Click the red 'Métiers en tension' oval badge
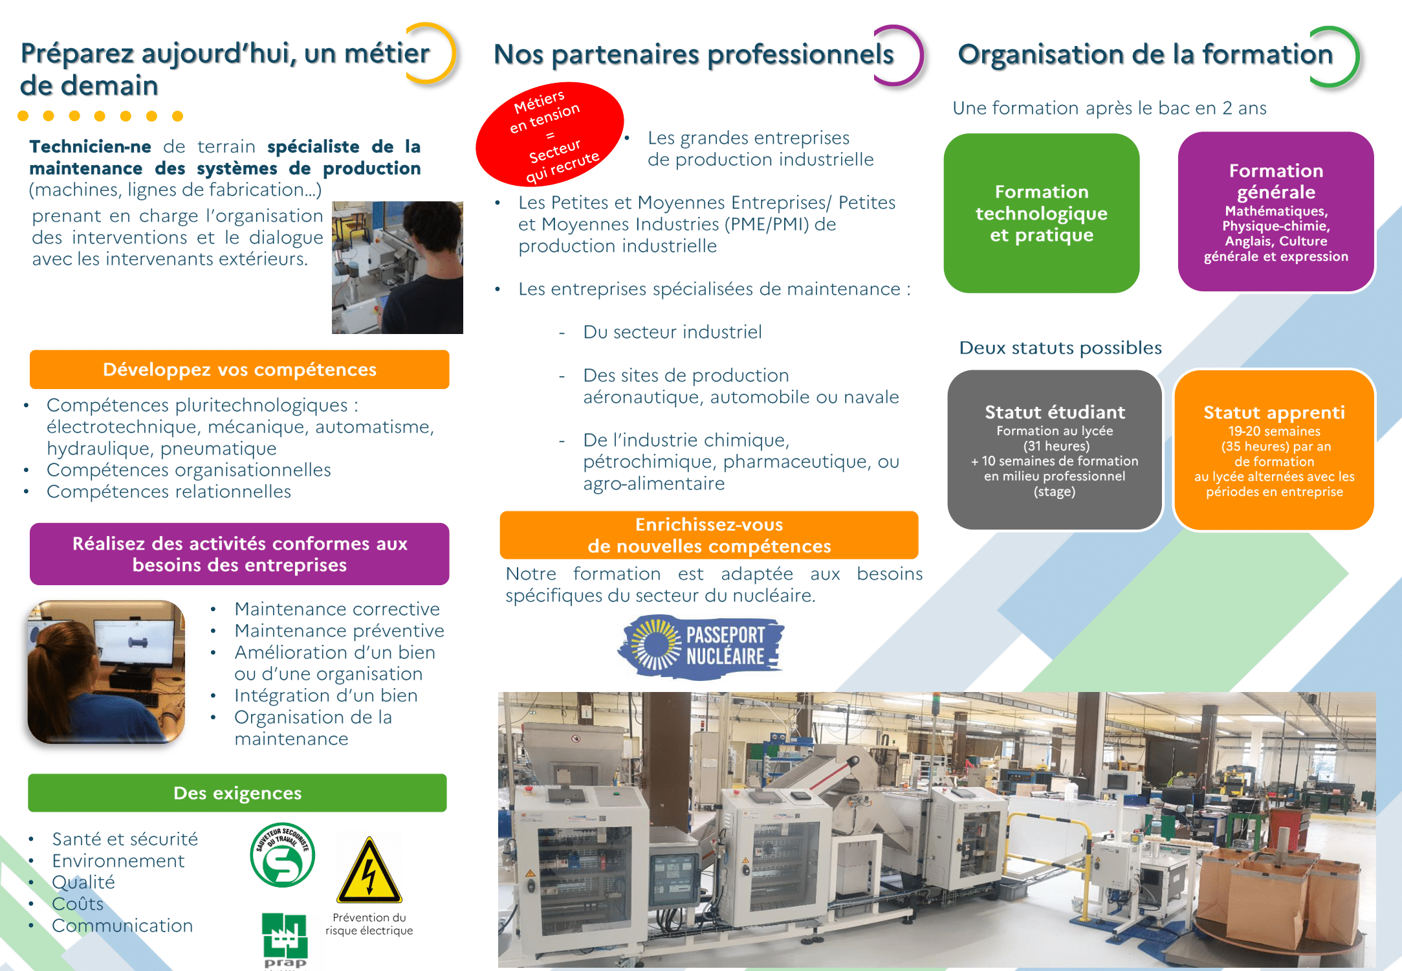[x=550, y=134]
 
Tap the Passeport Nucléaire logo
[x=701, y=647]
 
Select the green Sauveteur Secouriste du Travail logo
[x=283, y=854]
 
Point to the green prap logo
[x=285, y=940]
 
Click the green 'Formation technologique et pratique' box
[x=1042, y=213]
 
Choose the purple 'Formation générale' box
[x=1276, y=212]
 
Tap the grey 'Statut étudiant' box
[x=1055, y=450]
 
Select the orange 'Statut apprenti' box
[x=1274, y=450]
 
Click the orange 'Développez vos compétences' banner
[x=239, y=370]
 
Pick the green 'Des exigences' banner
[x=237, y=793]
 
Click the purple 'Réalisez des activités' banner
[x=239, y=554]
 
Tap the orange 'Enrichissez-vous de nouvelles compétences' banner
[x=709, y=535]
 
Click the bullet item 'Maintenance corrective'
[x=337, y=609]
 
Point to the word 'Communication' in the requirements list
[x=122, y=926]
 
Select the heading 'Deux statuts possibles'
[x=1060, y=348]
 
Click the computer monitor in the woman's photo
[x=135, y=644]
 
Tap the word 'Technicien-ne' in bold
[x=91, y=147]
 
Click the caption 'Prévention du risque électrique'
[x=369, y=924]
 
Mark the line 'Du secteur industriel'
[x=672, y=332]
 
